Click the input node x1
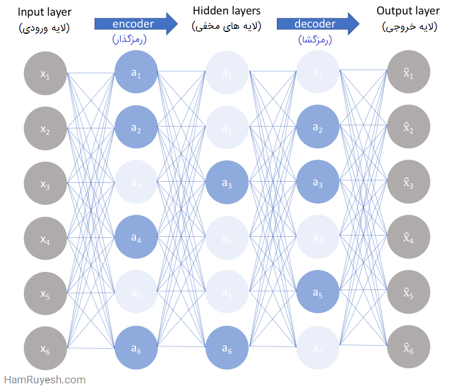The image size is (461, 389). point(45,74)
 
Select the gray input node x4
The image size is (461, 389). point(45,238)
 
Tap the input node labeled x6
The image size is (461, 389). point(45,348)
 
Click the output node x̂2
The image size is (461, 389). point(408,128)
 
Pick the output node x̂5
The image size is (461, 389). point(408,293)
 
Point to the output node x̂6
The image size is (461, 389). point(408,348)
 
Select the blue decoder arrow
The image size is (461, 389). point(318,24)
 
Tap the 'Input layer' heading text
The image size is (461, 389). point(45,11)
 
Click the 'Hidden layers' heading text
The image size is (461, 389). point(227,11)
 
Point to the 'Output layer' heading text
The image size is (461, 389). point(408,11)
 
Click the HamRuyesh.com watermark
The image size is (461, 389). point(44,380)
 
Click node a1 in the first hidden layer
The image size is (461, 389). point(136,74)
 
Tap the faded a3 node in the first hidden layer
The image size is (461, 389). point(136,183)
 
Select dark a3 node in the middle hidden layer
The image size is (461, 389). point(227,183)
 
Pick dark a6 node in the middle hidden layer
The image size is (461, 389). point(227,348)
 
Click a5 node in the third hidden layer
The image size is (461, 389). point(318,293)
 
